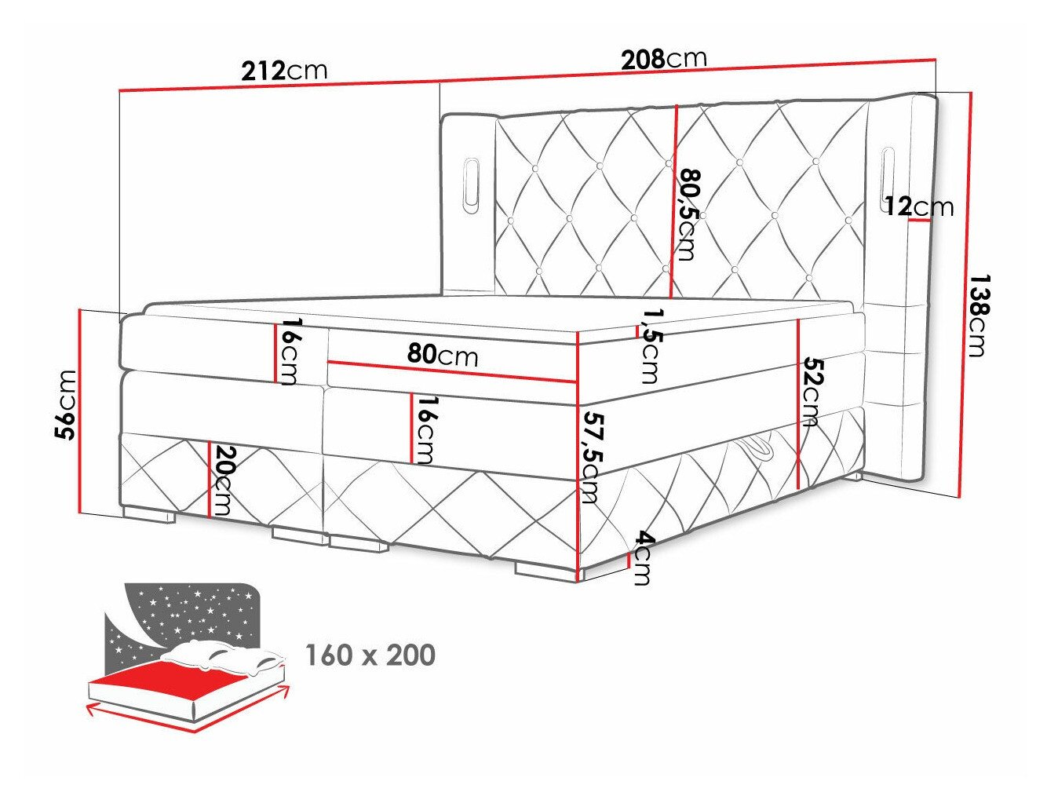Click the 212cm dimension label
[x=284, y=71]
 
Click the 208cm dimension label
[x=663, y=58]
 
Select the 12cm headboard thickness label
[x=918, y=206]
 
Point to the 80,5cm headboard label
[x=688, y=214]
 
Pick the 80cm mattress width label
[x=443, y=355]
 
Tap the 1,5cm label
[x=650, y=345]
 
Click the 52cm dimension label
[x=812, y=392]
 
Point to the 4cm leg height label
[x=643, y=558]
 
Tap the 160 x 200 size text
[x=370, y=655]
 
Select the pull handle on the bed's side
[x=758, y=451]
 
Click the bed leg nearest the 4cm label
[x=546, y=570]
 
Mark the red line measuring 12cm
[x=920, y=221]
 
